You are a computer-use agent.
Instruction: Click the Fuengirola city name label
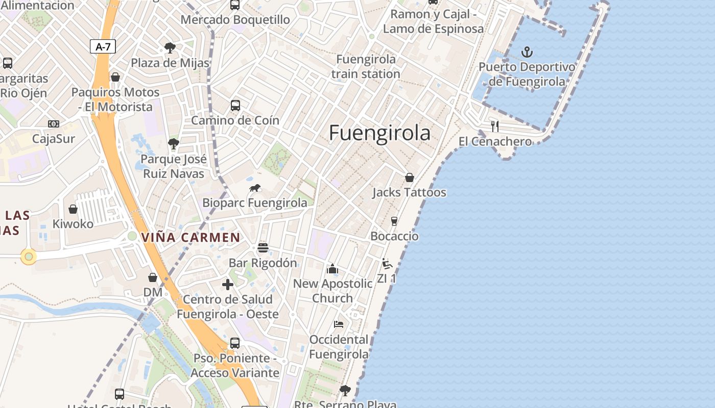pos(379,133)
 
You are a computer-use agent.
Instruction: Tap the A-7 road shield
pos(103,47)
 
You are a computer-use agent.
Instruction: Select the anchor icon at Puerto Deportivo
pos(527,52)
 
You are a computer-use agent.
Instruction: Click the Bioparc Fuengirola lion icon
pos(255,188)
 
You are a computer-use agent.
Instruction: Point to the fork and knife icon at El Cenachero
pos(494,126)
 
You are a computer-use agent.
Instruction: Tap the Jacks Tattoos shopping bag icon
pos(409,177)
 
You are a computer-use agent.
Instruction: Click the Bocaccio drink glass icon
pos(394,221)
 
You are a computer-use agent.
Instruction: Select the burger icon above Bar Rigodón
pos(263,248)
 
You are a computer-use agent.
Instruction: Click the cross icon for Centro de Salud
pos(228,285)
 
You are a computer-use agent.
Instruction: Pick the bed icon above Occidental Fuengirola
pos(339,324)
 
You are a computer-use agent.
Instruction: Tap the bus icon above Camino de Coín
pos(235,106)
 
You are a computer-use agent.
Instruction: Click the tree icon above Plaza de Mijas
pos(170,48)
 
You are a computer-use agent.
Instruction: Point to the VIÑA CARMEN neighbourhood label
pos(190,237)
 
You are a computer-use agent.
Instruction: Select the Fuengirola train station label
pos(366,66)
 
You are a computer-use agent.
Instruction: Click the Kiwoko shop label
pos(73,224)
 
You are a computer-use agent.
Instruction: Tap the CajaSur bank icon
pos(54,124)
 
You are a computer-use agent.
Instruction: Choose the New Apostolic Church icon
pos(332,269)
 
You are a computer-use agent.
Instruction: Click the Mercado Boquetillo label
pos(235,20)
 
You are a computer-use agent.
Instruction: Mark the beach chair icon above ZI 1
pos(387,264)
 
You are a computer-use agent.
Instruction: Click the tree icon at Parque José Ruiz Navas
pos(174,144)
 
